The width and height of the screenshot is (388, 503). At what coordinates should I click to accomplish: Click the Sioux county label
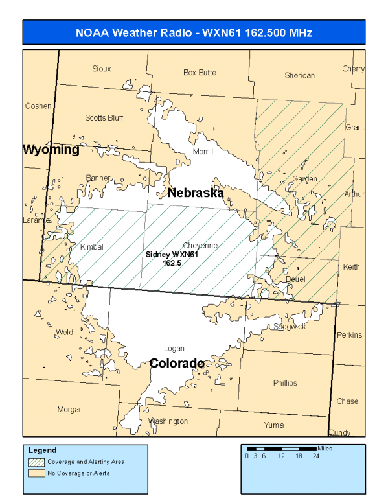102,69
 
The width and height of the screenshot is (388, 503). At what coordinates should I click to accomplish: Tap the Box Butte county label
200,73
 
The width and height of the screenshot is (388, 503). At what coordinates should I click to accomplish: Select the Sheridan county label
299,76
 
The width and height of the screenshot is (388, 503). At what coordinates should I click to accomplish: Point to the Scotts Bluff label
104,118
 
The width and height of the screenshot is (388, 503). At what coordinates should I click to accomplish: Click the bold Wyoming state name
51,150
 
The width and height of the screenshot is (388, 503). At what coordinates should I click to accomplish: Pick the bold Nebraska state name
196,193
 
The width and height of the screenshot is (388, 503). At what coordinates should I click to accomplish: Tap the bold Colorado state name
177,364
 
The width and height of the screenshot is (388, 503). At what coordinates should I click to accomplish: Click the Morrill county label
203,152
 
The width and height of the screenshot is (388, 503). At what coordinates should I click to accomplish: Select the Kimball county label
92,247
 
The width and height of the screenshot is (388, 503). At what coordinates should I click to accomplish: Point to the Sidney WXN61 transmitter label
171,259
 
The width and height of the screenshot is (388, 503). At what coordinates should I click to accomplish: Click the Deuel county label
295,279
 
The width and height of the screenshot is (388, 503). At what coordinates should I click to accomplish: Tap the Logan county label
174,349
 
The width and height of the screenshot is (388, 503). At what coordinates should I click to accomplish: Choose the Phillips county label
285,383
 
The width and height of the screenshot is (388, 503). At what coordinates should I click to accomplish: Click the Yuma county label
273,425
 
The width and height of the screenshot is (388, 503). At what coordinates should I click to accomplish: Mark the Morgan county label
70,410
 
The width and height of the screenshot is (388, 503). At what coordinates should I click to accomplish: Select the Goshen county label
38,106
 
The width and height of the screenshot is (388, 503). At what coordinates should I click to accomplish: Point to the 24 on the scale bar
317,456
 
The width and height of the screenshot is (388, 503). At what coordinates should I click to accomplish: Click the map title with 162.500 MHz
194,32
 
